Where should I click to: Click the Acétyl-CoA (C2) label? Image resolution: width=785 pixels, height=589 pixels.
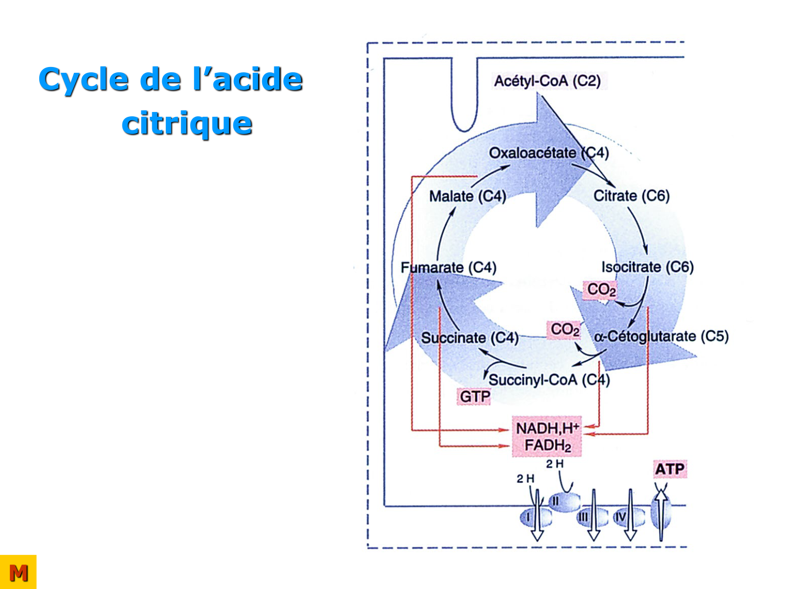pos(547,81)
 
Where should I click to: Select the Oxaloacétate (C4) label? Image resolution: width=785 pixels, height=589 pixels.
pos(548,153)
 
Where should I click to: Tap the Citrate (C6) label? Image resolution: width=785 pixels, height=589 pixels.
pos(631,196)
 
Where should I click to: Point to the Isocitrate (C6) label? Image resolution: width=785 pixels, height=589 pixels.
pos(647,267)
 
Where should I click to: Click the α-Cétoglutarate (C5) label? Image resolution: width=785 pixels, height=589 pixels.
pos(661,336)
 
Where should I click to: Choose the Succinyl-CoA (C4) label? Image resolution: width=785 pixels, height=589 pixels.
pos(549,380)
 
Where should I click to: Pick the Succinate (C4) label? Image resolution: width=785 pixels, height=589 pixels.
pos(469,338)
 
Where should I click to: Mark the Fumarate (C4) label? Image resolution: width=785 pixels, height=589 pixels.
pos(448,268)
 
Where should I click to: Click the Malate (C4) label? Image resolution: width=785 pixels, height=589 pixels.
pos(467,196)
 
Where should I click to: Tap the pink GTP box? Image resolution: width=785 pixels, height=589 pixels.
pos(475,397)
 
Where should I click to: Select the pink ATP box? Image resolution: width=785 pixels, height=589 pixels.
pos(669,469)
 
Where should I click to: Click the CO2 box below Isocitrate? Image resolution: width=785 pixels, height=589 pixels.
pos(601,290)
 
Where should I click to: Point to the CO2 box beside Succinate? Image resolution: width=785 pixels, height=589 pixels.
pos(565,330)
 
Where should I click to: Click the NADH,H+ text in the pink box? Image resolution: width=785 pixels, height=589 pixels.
pos(547,428)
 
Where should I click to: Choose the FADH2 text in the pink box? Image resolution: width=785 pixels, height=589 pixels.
pos(547,446)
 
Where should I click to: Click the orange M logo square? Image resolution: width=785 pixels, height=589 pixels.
pos(18,572)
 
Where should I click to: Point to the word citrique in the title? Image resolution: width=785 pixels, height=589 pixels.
pos(187,124)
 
